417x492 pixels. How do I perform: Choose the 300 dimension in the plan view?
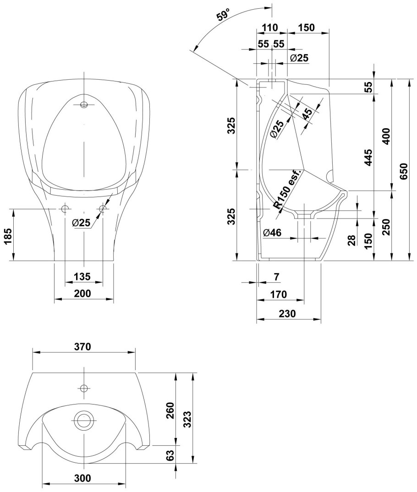82,478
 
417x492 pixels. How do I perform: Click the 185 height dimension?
9,235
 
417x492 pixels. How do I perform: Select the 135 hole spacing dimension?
82,277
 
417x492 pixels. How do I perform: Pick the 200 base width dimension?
83,293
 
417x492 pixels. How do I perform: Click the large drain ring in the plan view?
84,419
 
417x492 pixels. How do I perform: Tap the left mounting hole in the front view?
65,209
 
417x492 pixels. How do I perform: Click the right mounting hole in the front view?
102,209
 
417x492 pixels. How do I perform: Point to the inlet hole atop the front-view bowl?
83,104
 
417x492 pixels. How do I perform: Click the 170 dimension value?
278,294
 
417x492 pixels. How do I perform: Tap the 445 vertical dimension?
368,157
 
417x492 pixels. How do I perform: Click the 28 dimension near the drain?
351,241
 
